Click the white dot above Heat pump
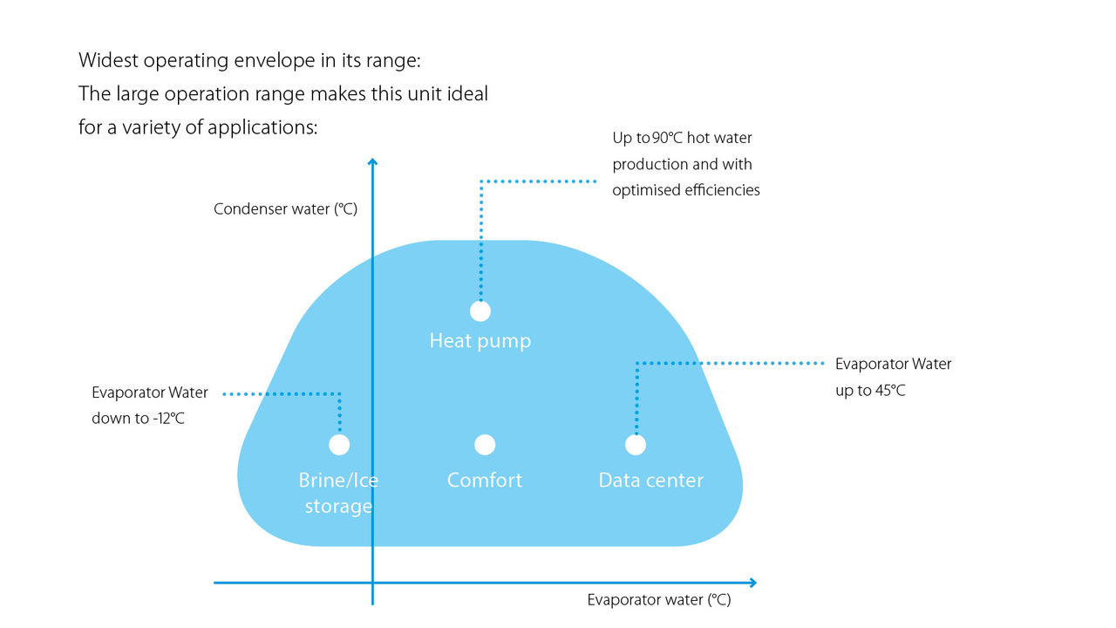480,311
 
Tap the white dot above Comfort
485,445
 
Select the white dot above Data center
636,445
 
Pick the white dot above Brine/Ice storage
339,445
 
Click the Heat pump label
480,341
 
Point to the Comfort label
485,481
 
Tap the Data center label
650,481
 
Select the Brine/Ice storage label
338,494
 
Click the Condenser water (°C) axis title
286,209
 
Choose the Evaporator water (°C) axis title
658,600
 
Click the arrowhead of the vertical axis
372,162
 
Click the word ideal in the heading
467,94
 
